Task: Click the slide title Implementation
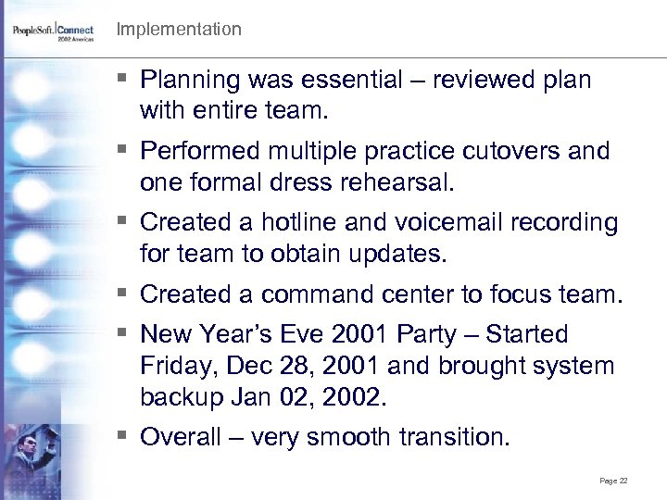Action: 179,30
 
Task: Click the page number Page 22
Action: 614,481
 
